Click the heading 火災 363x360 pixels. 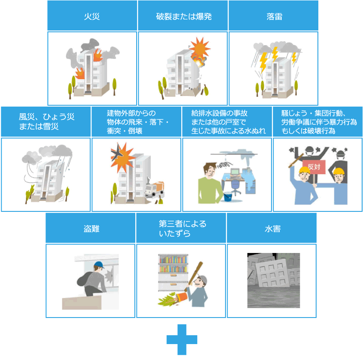point(92,16)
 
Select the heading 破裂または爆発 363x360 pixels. point(183,16)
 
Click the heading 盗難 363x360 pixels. point(91,229)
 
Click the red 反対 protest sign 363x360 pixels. point(313,167)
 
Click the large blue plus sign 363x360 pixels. point(182,340)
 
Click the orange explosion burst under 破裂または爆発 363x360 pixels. point(200,47)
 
